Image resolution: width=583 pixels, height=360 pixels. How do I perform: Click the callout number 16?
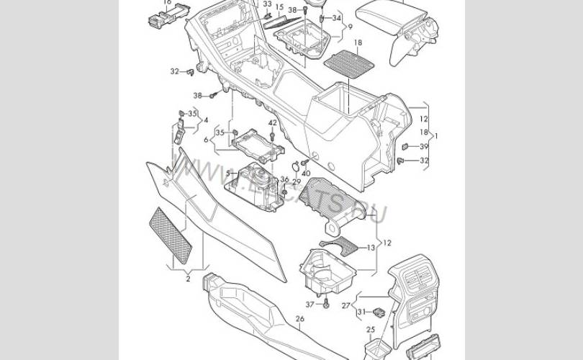click(x=167, y=2)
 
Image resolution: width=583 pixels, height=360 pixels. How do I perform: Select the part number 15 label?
click(x=280, y=6)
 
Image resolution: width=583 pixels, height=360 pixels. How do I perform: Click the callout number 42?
click(x=272, y=123)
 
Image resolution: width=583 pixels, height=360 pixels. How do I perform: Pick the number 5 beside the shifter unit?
click(x=228, y=174)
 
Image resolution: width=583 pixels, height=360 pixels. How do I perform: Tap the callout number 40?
click(x=306, y=174)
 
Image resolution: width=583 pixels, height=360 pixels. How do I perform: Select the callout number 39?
click(x=423, y=146)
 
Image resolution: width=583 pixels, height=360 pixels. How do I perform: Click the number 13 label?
click(x=371, y=247)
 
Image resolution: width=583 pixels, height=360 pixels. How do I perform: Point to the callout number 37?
click(x=309, y=304)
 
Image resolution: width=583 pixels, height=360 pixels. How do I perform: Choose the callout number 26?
click(x=299, y=319)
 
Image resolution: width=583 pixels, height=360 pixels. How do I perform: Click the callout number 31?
click(x=362, y=311)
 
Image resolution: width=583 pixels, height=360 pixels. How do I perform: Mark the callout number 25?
click(x=371, y=330)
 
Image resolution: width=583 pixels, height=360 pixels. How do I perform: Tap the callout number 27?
click(x=346, y=305)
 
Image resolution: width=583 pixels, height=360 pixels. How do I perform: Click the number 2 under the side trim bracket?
click(x=187, y=278)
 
